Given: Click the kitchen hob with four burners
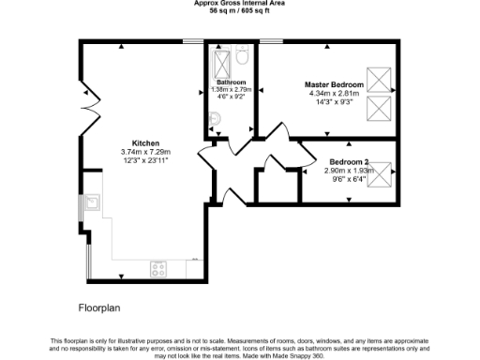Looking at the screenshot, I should (158, 268).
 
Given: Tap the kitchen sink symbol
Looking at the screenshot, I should (95, 202).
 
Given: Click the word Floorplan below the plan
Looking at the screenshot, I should (98, 307).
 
